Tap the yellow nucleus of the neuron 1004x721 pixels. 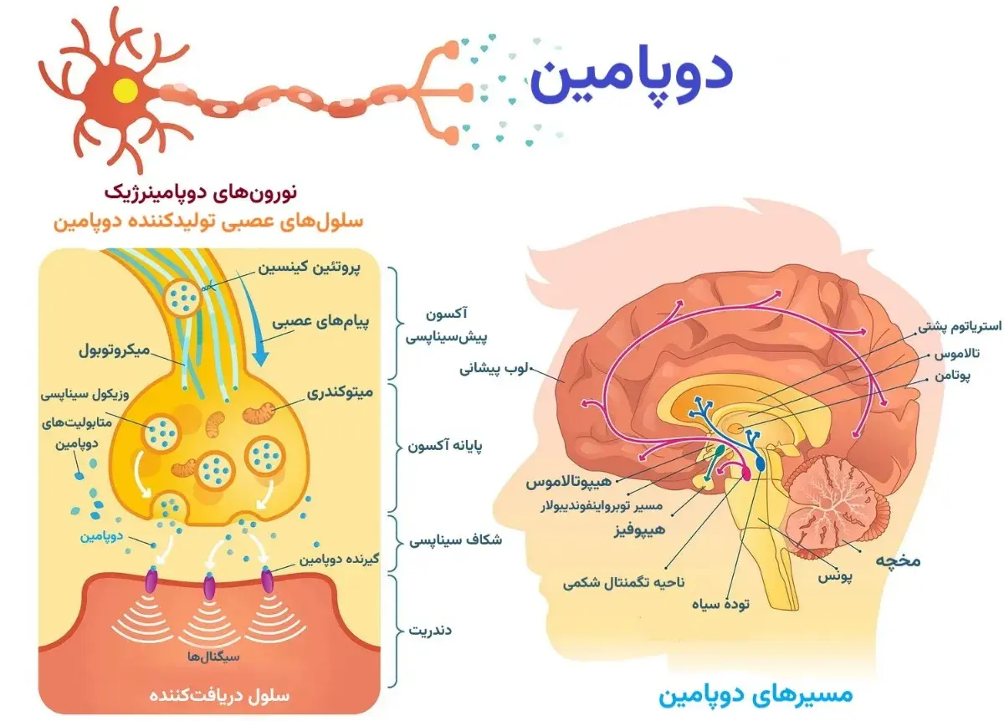pos(125,89)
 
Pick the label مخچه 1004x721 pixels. pos(898,560)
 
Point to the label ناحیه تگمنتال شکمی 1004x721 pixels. pos(614,580)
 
